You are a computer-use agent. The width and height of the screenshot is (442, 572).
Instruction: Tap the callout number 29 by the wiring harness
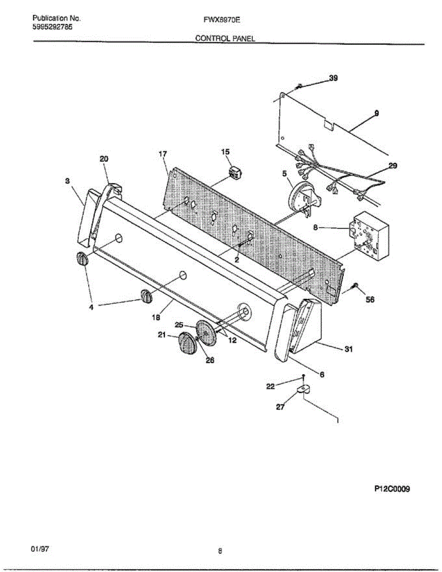(x=392, y=166)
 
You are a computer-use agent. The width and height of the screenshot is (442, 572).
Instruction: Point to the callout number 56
(x=370, y=300)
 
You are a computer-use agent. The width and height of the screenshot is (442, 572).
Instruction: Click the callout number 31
(x=348, y=349)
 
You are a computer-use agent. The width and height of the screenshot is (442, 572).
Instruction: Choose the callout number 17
(x=163, y=154)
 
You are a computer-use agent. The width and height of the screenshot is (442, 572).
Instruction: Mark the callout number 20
(x=104, y=159)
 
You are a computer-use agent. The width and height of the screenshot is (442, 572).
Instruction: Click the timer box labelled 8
(x=370, y=235)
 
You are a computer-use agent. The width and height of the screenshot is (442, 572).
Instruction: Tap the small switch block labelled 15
(x=234, y=173)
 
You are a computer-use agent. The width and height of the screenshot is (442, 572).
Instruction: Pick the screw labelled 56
(x=355, y=286)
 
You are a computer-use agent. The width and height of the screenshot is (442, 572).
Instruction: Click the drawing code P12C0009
(x=392, y=489)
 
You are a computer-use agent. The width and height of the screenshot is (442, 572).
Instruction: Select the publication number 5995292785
(x=53, y=27)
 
